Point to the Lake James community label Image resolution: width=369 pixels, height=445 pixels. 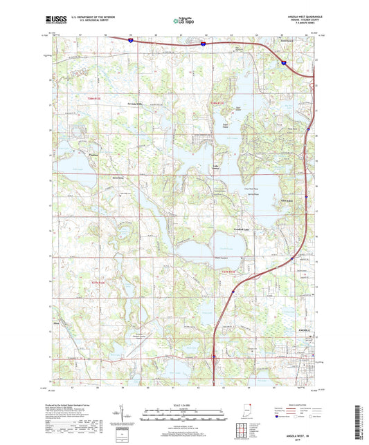point(217,168)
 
